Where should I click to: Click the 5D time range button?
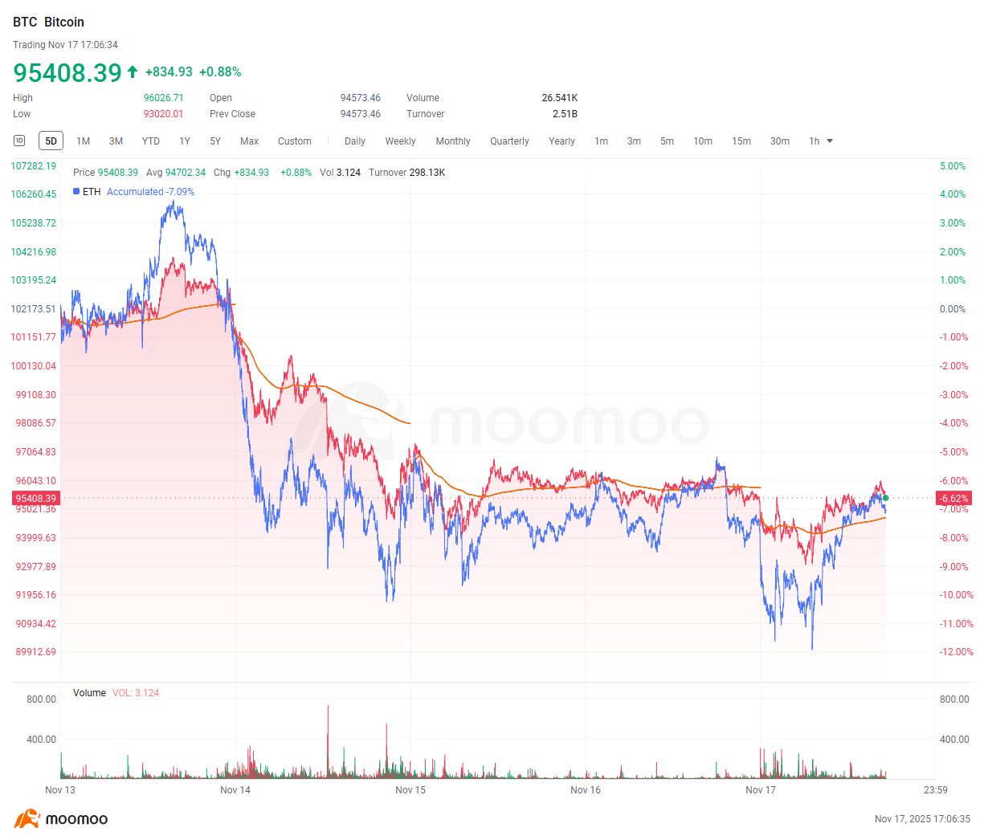click(x=51, y=141)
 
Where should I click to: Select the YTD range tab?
click(x=151, y=141)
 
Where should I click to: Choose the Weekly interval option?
click(x=400, y=141)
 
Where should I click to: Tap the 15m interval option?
click(x=741, y=141)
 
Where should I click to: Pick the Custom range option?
click(x=295, y=141)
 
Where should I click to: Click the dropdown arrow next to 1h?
click(x=830, y=141)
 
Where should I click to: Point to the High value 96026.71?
click(x=164, y=98)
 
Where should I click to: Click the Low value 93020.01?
click(x=164, y=114)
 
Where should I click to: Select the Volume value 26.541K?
click(x=559, y=98)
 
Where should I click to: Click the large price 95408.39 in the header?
click(x=67, y=73)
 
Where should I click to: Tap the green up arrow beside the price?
click(x=133, y=72)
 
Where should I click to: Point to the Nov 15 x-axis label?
click(x=410, y=790)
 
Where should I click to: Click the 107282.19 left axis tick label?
click(x=34, y=166)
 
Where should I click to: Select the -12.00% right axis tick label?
click(x=956, y=652)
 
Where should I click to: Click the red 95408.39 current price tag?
click(x=35, y=499)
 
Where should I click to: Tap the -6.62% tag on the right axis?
click(x=954, y=499)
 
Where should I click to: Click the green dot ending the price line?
click(x=885, y=498)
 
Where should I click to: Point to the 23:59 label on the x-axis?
click(x=935, y=790)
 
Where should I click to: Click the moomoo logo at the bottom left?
click(x=61, y=819)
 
